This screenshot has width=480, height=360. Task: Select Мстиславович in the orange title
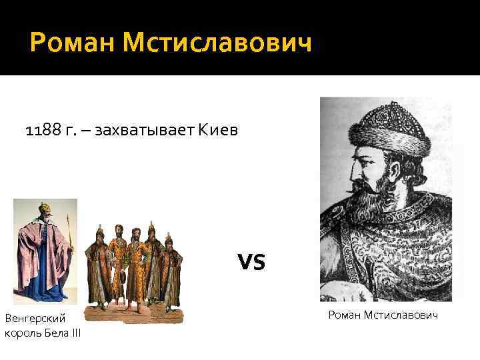tap(217, 45)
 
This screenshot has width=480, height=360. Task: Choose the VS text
tap(251, 262)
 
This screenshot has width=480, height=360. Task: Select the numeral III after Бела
tap(75, 333)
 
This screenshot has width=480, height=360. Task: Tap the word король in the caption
tap(23, 333)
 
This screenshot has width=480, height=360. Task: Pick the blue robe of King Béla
tap(50, 273)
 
